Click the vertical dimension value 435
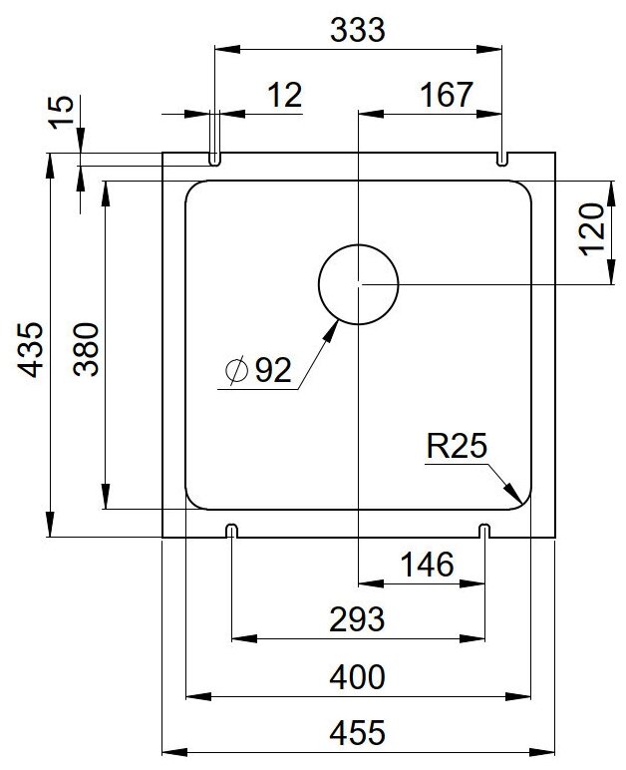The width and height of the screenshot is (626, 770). [33, 349]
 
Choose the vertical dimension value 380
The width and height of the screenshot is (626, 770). [86, 349]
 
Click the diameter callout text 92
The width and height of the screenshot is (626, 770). [272, 371]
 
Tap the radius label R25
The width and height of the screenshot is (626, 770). [455, 448]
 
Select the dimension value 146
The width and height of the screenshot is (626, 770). [428, 565]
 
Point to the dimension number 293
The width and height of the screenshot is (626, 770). [357, 620]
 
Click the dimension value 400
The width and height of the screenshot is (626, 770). [357, 678]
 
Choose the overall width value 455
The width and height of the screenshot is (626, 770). [357, 735]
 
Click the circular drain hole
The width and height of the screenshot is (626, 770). [358, 284]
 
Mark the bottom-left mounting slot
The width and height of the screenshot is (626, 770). [231, 530]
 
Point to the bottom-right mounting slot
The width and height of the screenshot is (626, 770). [485, 530]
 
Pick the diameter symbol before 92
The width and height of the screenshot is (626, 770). [237, 371]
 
